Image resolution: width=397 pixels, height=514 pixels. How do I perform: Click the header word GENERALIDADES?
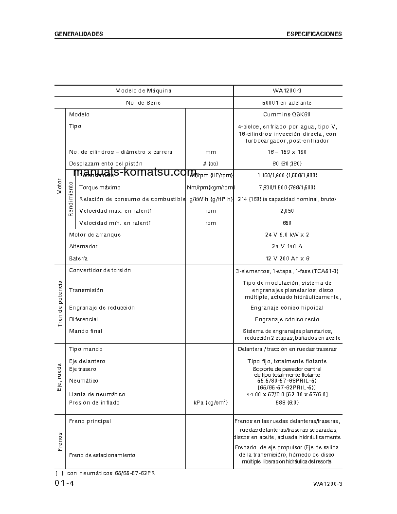coord(79,34)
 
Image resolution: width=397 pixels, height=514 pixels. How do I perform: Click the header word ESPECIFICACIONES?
coord(314,34)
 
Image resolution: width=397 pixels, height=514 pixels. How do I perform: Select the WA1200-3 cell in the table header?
coord(288,91)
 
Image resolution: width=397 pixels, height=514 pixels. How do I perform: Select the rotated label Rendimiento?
coord(71,199)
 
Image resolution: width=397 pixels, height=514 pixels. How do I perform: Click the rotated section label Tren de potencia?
coord(60,303)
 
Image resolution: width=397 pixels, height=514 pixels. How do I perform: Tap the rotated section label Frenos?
coord(60,441)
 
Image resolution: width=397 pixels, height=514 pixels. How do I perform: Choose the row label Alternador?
coord(83,247)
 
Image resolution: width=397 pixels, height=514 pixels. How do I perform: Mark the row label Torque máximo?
coord(100,187)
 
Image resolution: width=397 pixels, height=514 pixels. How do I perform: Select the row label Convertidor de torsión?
coord(100,271)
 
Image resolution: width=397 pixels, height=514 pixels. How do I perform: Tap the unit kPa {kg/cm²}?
coord(210,403)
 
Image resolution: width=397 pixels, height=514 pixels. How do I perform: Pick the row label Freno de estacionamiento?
coord(102,456)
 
